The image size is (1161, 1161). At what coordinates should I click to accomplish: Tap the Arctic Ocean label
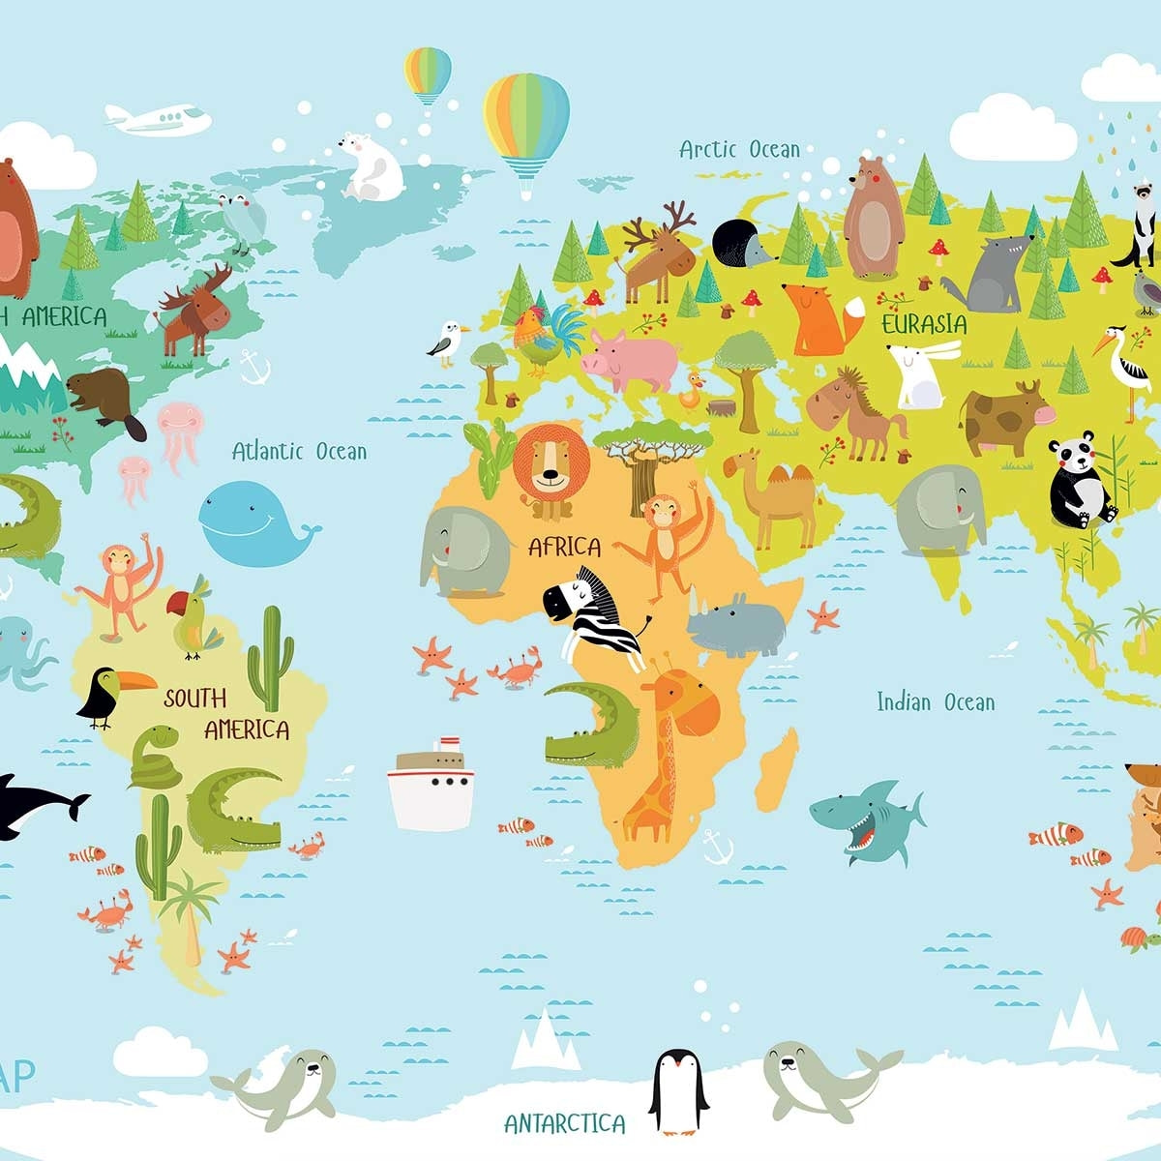pos(739,149)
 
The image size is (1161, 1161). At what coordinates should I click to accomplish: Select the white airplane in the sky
pos(160,119)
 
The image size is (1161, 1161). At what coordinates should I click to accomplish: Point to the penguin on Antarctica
pos(678,1091)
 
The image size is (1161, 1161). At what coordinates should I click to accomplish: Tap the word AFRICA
pos(564,547)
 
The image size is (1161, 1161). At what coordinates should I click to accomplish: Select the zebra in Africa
pos(592,614)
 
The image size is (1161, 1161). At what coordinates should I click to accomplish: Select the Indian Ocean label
pos(935,701)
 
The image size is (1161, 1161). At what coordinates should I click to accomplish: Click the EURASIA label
pos(923,323)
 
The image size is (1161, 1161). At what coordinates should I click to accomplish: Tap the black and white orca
pos(34,803)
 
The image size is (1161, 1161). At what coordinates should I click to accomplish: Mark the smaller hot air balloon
pos(428,74)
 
